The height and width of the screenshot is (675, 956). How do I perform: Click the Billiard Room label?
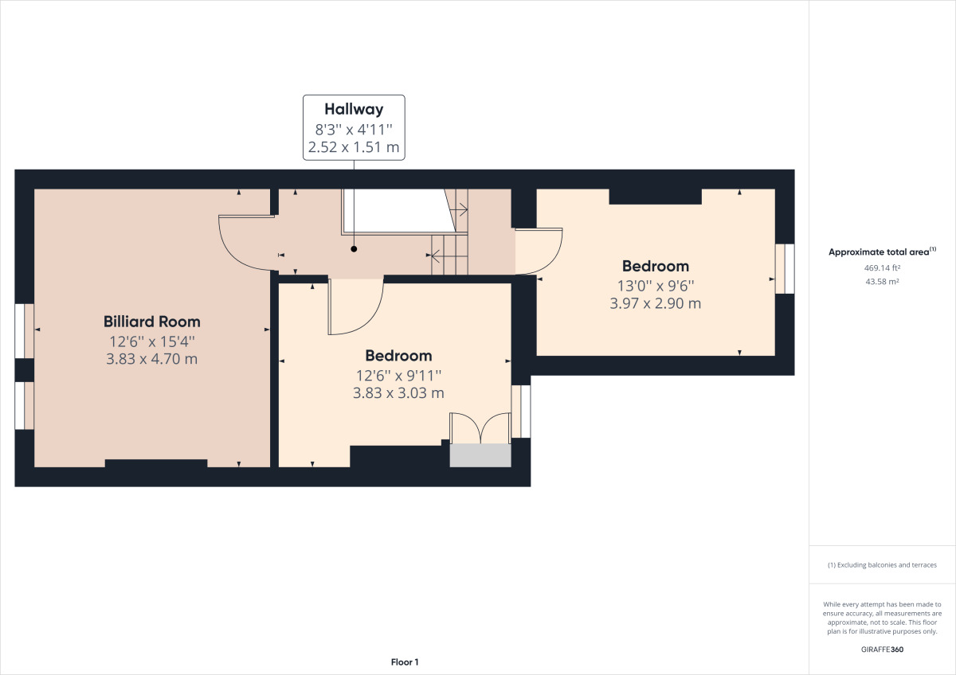pyautogui.click(x=152, y=322)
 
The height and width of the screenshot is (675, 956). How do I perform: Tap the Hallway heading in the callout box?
pyautogui.click(x=354, y=109)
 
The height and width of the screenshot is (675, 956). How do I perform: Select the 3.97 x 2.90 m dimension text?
pyautogui.click(x=655, y=303)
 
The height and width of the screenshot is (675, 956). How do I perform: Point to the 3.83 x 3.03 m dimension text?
pyautogui.click(x=398, y=392)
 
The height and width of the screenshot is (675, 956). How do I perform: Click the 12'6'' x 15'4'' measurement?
pyautogui.click(x=152, y=341)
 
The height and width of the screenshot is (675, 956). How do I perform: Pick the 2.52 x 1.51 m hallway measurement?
pyautogui.click(x=354, y=147)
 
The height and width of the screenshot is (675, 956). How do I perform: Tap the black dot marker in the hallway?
pyautogui.click(x=354, y=249)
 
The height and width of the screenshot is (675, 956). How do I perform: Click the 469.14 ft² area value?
pyautogui.click(x=882, y=267)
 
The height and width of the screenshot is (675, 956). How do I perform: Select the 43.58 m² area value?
pyautogui.click(x=882, y=282)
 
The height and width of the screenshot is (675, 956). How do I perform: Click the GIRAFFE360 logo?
pyautogui.click(x=882, y=650)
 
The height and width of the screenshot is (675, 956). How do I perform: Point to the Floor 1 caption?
pyautogui.click(x=405, y=662)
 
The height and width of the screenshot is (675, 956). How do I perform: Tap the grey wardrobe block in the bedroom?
pyautogui.click(x=480, y=455)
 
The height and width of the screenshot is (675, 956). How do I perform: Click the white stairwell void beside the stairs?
pyautogui.click(x=399, y=211)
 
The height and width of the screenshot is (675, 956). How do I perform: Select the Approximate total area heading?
pyautogui.click(x=882, y=252)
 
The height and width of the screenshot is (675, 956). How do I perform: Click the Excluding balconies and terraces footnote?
pyautogui.click(x=882, y=565)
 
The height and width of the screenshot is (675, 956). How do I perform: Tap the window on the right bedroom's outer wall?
pyautogui.click(x=785, y=268)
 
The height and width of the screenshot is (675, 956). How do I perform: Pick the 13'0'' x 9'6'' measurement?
pyautogui.click(x=656, y=286)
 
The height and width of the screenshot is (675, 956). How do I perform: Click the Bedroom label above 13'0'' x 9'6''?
pyautogui.click(x=656, y=266)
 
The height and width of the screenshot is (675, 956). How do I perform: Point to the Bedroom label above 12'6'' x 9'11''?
pyautogui.click(x=398, y=356)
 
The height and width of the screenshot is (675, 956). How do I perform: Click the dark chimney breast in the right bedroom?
pyautogui.click(x=655, y=197)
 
